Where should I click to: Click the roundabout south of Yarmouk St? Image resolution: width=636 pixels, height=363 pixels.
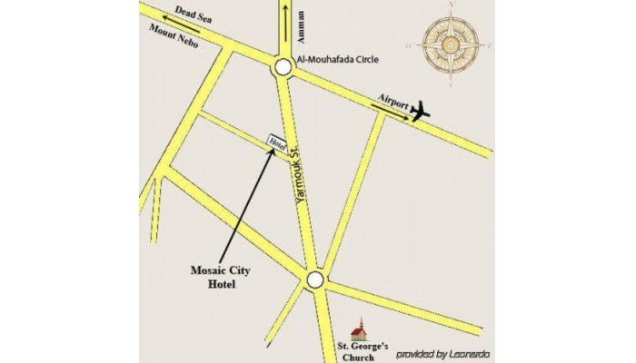coord(314,280)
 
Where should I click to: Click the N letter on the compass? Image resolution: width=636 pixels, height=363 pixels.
coord(452,7)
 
